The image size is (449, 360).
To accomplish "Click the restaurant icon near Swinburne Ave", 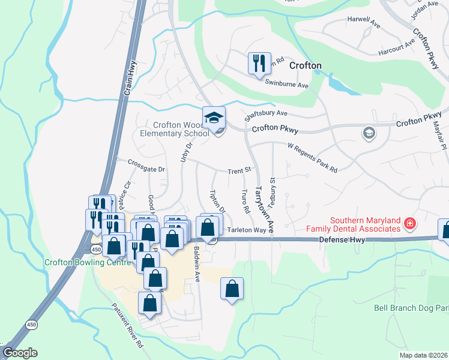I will pos(259,64).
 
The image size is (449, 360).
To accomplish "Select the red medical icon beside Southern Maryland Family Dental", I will pos(410,224).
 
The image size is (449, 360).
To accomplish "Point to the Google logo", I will pos(20,353).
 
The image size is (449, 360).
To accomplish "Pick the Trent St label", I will pos(238,172).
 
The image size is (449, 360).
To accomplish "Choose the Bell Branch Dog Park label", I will pos(411,308).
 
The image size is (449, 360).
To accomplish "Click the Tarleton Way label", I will pos(246,230).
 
